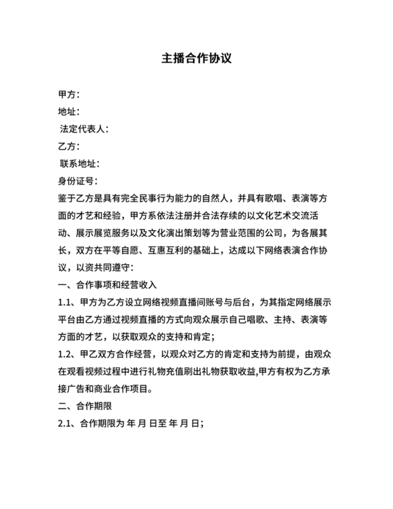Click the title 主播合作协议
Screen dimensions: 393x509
196,58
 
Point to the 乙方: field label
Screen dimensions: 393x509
69,147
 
